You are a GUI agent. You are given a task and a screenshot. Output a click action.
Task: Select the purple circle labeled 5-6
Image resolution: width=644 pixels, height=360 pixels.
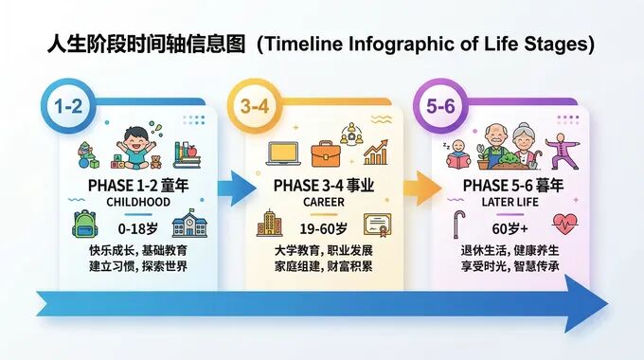point(441,106)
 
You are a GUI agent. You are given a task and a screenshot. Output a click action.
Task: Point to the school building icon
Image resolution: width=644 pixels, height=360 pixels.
point(188,225)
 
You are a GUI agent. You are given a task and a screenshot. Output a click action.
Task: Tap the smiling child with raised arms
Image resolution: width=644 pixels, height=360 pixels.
point(140,150)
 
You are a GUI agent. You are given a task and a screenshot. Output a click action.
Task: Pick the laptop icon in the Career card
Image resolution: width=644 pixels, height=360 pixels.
point(283,153)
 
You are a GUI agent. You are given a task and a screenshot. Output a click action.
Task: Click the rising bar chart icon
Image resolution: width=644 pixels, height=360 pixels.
point(376,152)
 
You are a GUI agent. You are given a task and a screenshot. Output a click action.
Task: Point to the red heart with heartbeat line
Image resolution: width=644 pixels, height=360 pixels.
point(566,226)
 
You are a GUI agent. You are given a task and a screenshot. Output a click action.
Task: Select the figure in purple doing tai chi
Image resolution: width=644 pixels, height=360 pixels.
point(568,150)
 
